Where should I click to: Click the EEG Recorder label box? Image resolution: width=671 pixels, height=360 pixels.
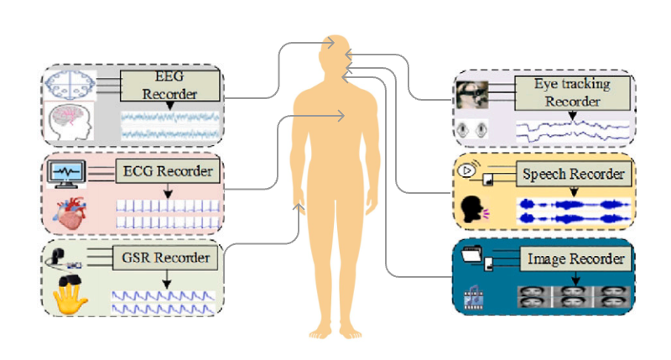point(170,85)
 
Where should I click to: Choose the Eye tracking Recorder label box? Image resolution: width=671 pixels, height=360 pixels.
point(573,92)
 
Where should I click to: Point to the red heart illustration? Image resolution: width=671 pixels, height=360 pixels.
point(70,212)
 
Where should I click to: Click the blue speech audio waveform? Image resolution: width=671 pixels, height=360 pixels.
point(571,211)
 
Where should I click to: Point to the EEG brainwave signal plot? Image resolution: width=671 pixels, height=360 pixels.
point(169,125)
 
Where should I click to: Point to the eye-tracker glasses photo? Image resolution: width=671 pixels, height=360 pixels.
point(471,93)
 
